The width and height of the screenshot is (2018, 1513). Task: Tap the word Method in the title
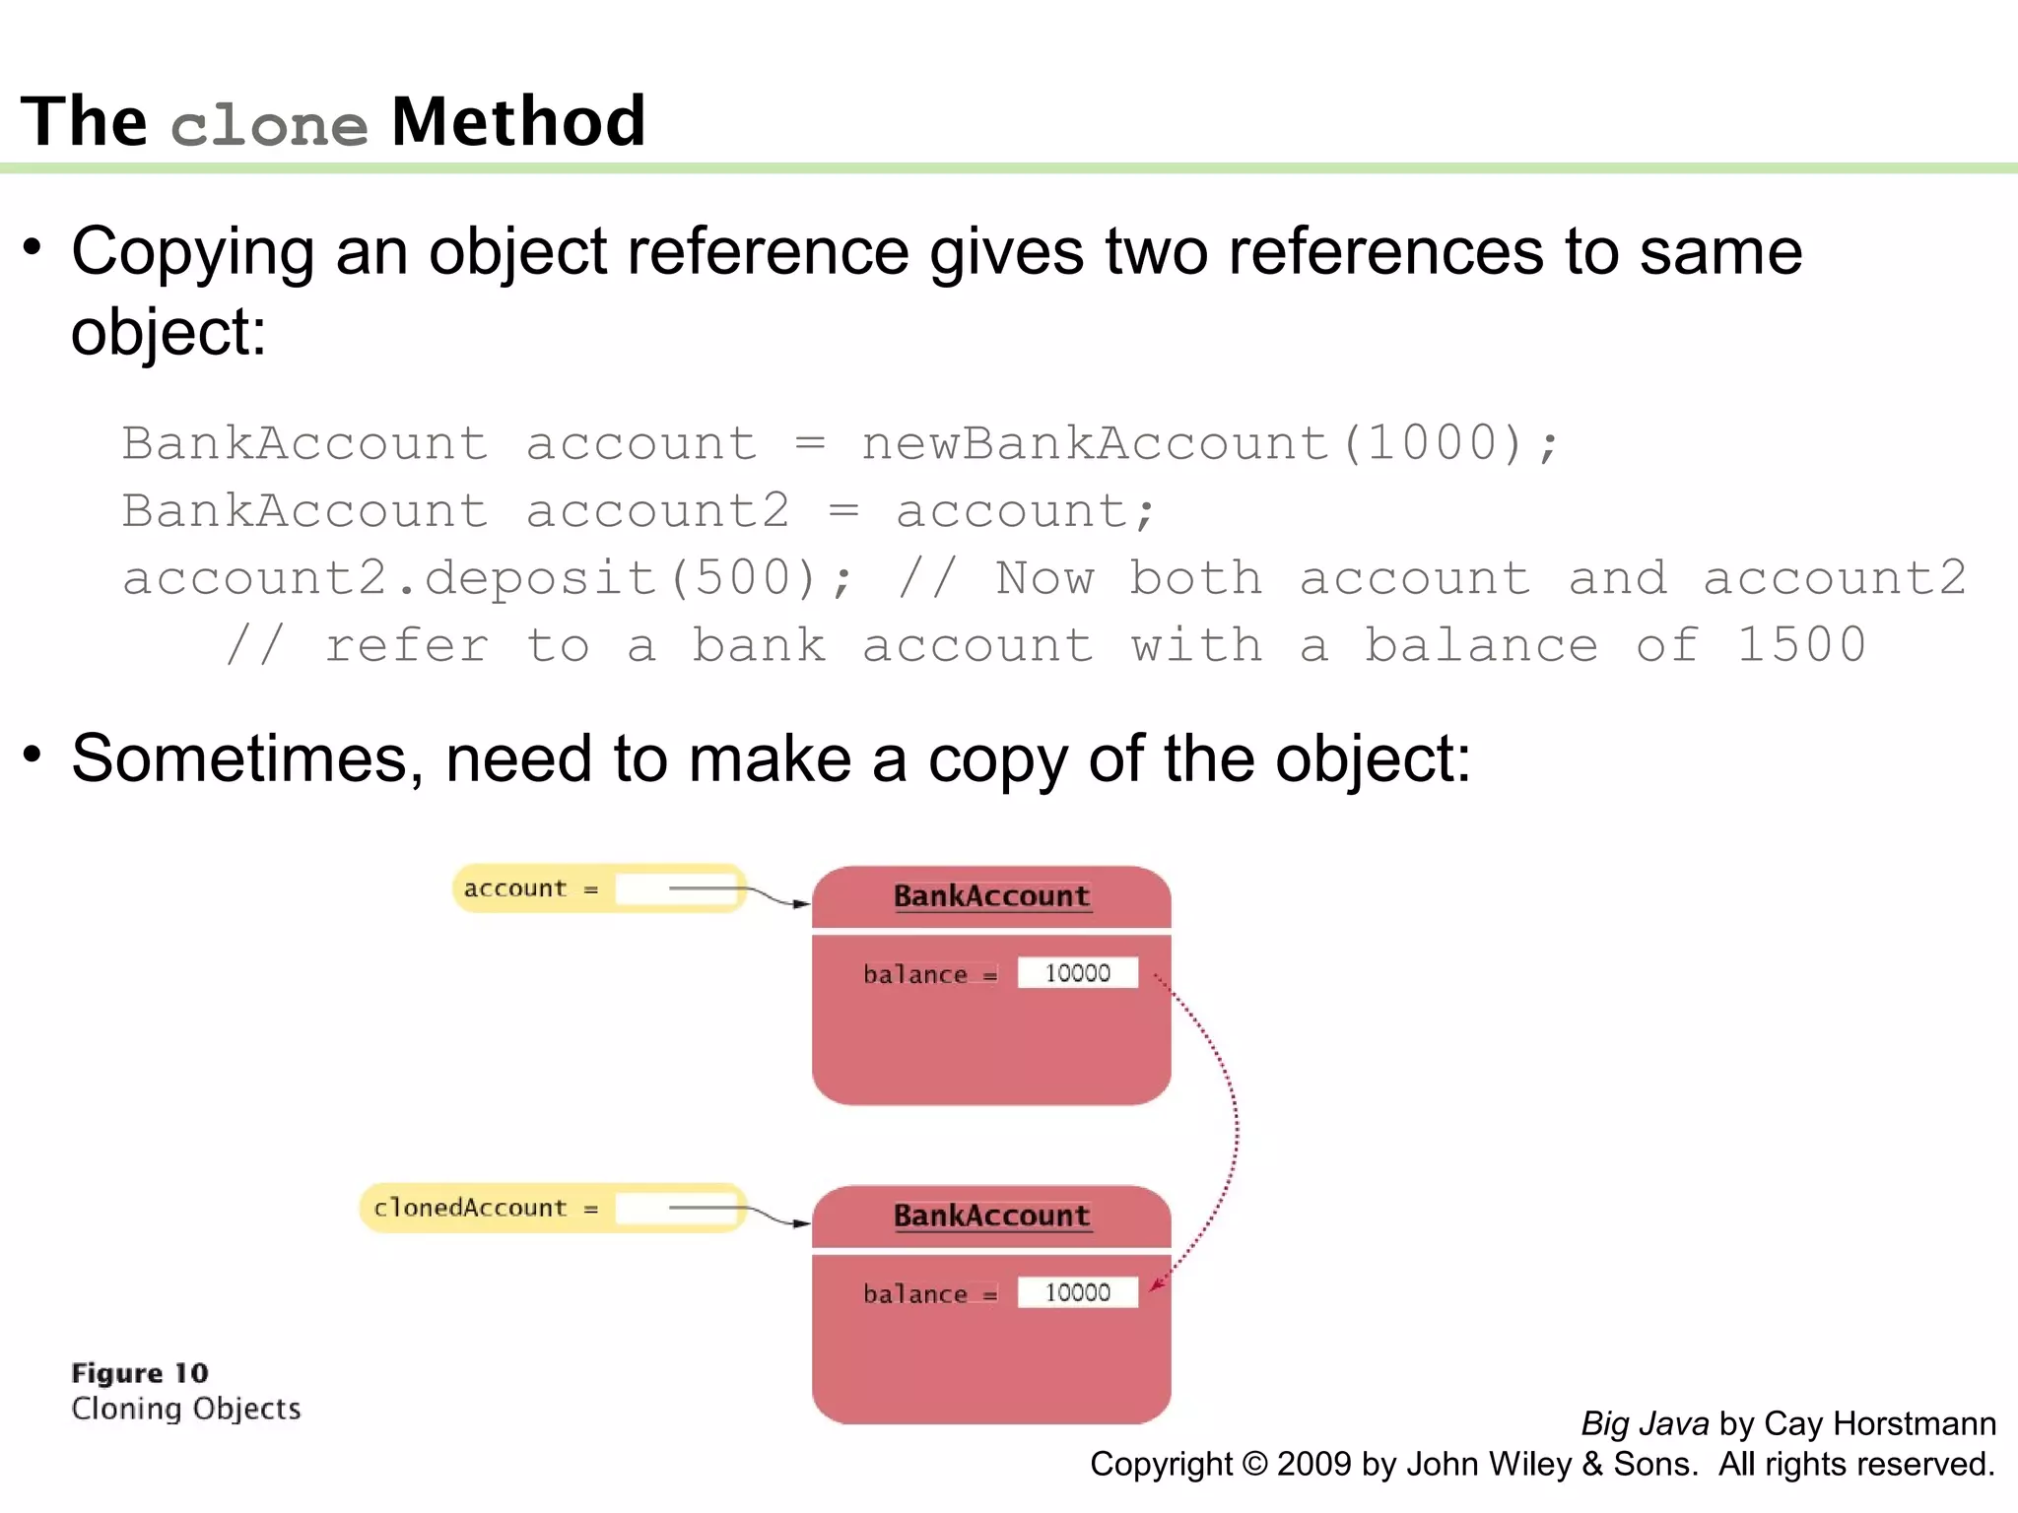coord(518,122)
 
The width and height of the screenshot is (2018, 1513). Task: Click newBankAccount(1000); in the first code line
coord(1210,443)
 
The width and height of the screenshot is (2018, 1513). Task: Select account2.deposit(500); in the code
coord(487,578)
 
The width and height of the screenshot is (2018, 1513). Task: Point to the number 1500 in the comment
coord(1801,646)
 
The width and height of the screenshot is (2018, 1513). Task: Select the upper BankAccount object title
coord(991,896)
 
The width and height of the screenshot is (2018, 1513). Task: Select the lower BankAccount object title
coord(991,1216)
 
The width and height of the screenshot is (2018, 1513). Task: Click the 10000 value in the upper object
coord(1077,973)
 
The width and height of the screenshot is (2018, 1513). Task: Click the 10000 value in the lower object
coord(1077,1292)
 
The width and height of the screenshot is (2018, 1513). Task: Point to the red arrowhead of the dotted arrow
coord(1156,1283)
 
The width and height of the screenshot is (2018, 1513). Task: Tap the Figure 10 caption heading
coord(140,1373)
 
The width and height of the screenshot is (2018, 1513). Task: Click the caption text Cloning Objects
coord(185,1409)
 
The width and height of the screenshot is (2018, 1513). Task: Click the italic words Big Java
coord(1645,1423)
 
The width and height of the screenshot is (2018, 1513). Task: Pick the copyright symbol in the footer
coord(1254,1465)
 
